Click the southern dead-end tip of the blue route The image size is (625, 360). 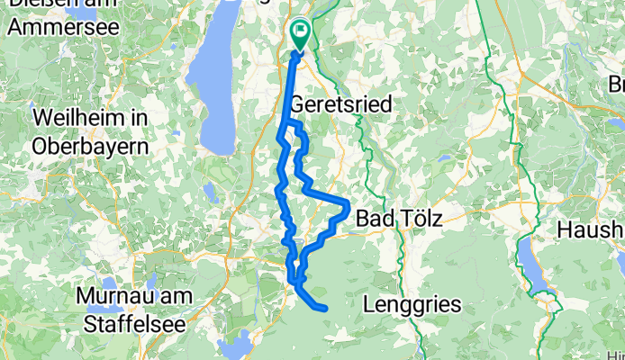click(x=324, y=310)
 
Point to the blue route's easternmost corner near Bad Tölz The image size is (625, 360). click(x=349, y=205)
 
